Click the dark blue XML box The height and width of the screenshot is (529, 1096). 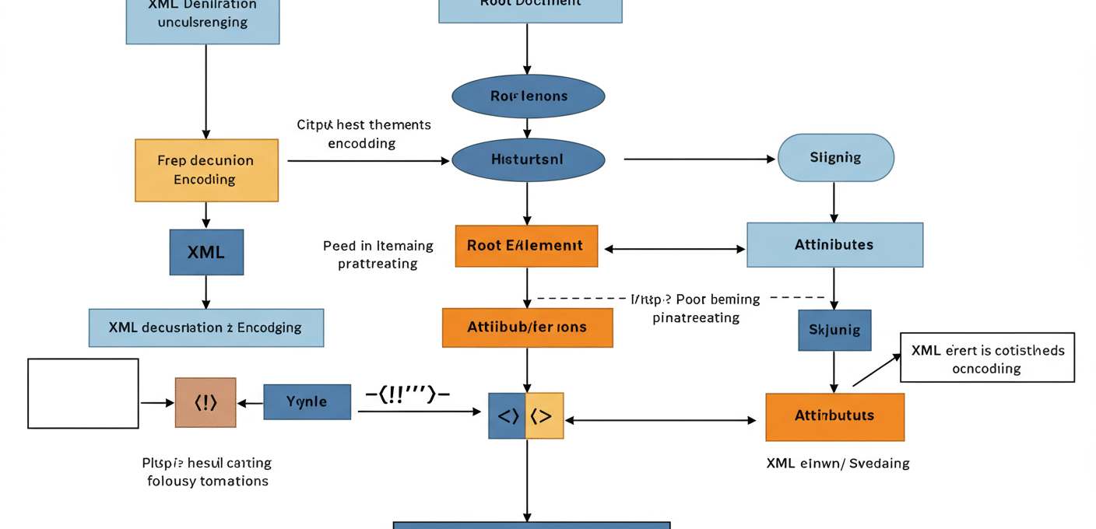pos(206,252)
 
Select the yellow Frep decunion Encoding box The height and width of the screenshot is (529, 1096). pos(206,170)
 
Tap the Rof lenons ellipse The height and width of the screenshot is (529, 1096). pos(529,96)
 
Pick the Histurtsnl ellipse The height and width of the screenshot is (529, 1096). pos(529,159)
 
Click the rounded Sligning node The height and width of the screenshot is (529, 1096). pos(835,158)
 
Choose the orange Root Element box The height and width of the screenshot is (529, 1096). pos(526,246)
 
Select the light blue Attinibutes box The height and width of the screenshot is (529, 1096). pos(834,245)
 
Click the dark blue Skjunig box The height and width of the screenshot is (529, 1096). pos(834,331)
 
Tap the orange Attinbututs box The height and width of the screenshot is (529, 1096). pos(834,416)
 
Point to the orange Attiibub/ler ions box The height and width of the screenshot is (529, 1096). pos(527,328)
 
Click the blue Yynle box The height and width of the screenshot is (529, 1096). pos(307,402)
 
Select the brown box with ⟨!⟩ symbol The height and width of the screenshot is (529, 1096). pos(205,402)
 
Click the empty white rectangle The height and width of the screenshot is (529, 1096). pos(83,394)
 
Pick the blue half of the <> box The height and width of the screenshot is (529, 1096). pos(508,416)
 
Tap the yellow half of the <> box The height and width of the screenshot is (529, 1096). pos(544,416)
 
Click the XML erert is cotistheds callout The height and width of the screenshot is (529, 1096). pos(987,358)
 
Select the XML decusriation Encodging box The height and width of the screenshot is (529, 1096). pos(205,328)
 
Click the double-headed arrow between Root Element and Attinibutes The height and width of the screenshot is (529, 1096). pos(675,250)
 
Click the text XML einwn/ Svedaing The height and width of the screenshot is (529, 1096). pos(838,464)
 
